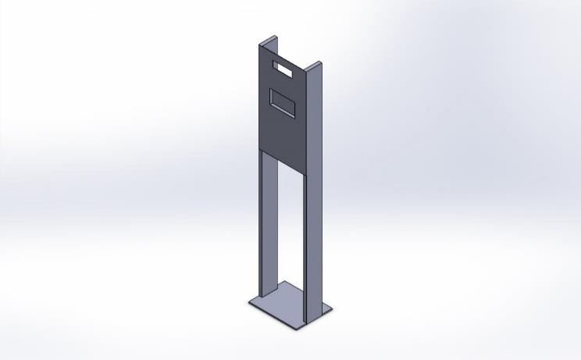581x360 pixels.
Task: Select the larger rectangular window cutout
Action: click(283, 102)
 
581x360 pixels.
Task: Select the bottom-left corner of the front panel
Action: click(260, 149)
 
